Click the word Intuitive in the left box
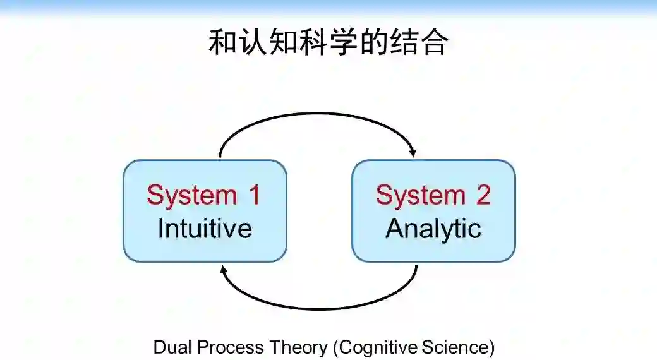205,228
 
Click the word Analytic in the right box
433,228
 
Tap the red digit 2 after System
483,195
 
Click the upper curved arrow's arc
316,115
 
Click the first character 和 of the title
222,43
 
